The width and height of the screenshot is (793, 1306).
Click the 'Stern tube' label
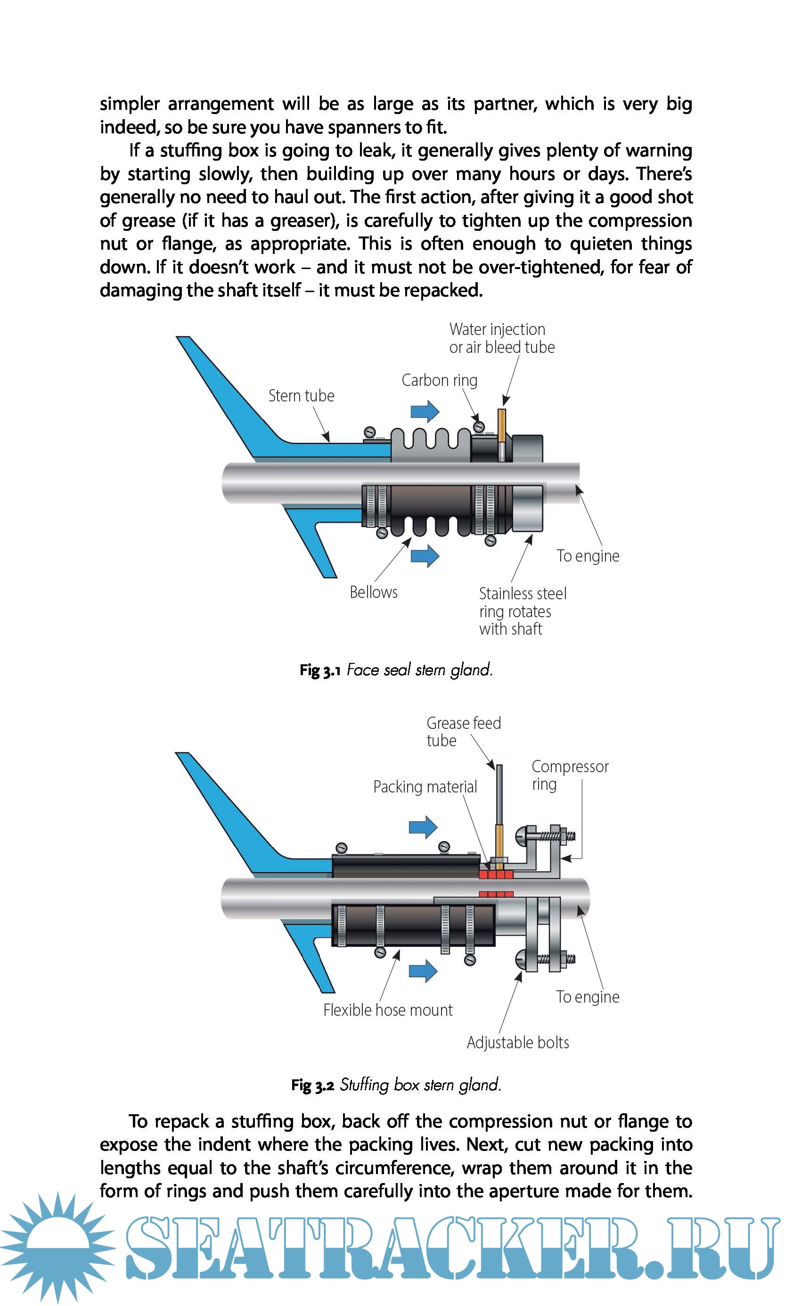(301, 396)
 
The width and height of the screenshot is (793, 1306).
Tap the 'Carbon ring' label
(440, 380)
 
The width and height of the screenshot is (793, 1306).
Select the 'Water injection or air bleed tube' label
(501, 338)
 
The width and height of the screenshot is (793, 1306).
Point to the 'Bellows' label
(373, 592)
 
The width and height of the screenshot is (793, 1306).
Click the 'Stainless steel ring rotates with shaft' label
(522, 611)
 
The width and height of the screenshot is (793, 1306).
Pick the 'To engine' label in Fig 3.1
(587, 556)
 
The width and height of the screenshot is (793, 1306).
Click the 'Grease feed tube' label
(463, 731)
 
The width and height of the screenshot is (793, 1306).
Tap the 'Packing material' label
(425, 787)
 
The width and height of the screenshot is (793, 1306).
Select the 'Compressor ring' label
(569, 775)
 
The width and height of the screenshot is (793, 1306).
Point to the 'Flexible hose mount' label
(387, 1010)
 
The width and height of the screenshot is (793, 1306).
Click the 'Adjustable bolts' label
(517, 1043)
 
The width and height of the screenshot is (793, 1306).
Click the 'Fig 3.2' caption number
(312, 1086)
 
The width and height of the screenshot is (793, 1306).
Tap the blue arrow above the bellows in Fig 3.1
(425, 411)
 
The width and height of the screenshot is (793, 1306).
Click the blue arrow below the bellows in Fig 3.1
(425, 556)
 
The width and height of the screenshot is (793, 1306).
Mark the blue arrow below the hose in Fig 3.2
(423, 971)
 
